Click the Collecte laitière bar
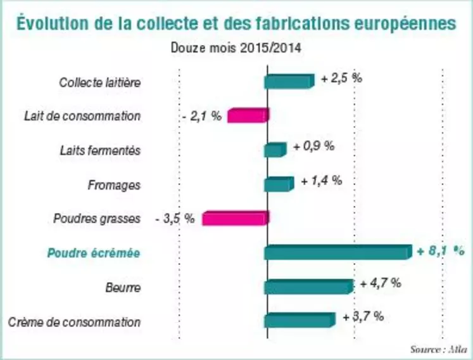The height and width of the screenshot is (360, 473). [289, 82]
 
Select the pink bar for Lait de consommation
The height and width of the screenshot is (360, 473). [248, 115]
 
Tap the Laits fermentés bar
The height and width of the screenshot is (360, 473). [275, 150]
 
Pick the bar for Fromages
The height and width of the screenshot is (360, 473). [279, 184]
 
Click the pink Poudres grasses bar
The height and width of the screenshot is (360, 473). [236, 218]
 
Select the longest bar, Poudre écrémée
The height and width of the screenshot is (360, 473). [338, 252]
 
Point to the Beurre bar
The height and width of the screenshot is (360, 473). [309, 286]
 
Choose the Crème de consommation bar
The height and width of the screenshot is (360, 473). [300, 321]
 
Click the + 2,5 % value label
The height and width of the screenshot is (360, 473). [341, 79]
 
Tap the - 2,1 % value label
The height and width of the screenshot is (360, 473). [202, 116]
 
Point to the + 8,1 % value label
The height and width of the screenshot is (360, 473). [441, 251]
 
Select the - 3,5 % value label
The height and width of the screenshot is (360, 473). [175, 219]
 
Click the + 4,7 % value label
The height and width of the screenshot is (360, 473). [381, 283]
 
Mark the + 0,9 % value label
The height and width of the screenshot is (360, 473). [314, 147]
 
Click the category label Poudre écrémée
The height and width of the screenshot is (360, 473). [94, 253]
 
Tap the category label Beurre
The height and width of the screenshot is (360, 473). [123, 288]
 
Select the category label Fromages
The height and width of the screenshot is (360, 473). [114, 185]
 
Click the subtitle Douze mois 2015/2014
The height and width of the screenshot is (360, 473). [236, 48]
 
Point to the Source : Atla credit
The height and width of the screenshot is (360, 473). [439, 350]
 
